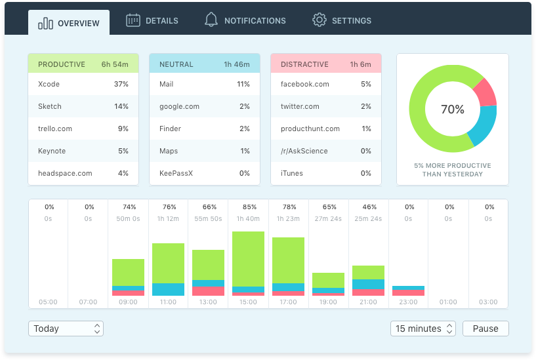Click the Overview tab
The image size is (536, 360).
pyautogui.click(x=69, y=22)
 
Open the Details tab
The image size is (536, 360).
pyautogui.click(x=152, y=20)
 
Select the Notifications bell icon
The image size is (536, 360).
pyautogui.click(x=211, y=20)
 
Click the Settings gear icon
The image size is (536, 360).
pyautogui.click(x=320, y=20)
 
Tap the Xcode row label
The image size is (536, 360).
pyautogui.click(x=49, y=84)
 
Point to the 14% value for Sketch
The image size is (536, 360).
pyautogui.click(x=121, y=106)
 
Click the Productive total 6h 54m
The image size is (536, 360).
pyautogui.click(x=115, y=64)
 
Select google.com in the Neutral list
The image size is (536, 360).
pyautogui.click(x=179, y=106)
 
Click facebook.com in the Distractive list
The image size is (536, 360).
pyautogui.click(x=305, y=84)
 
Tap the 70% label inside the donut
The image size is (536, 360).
pyautogui.click(x=453, y=110)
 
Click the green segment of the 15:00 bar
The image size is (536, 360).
pyautogui.click(x=248, y=259)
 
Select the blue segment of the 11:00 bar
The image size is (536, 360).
pyautogui.click(x=168, y=289)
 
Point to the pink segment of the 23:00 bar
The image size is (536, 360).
pyautogui.click(x=408, y=292)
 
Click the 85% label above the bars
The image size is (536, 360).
pyautogui.click(x=249, y=207)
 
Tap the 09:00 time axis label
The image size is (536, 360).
pyautogui.click(x=128, y=302)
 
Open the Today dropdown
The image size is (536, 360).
pyautogui.click(x=66, y=329)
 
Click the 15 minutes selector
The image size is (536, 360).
pyautogui.click(x=423, y=329)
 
